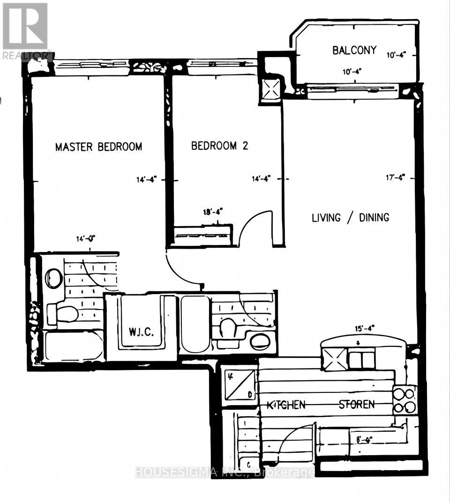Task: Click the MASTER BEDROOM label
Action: coord(98,147)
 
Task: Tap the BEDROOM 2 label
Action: coord(219,146)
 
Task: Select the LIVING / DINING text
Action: coord(351,217)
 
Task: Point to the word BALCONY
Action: coord(354,50)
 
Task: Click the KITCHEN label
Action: coord(286,405)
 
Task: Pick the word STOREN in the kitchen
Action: coord(357,405)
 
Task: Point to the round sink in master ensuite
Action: coord(53,278)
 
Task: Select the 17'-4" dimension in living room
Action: coord(395,177)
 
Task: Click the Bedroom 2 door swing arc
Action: coord(255,227)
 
